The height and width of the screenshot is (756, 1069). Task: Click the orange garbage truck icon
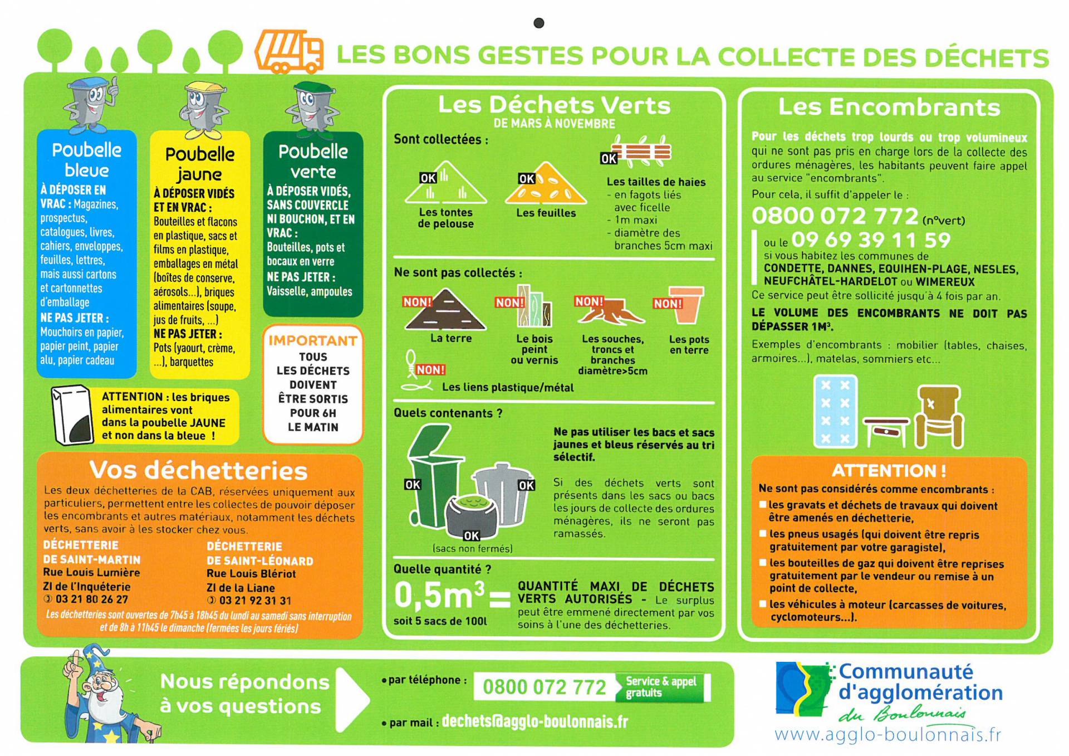289,52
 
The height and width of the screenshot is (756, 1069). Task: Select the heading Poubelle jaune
200,164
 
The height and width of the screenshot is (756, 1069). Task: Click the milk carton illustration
72,414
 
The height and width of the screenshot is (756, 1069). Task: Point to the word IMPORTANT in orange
313,340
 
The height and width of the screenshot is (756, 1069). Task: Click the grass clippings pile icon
446,183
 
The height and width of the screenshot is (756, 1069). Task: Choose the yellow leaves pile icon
546,184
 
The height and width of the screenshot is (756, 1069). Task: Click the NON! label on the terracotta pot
668,304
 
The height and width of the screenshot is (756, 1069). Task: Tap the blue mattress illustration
835,411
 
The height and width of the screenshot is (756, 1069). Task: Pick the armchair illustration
940,416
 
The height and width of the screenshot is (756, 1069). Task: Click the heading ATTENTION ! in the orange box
889,471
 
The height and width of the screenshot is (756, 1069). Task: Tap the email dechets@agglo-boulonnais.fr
534,721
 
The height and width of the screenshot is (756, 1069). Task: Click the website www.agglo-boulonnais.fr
887,735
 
